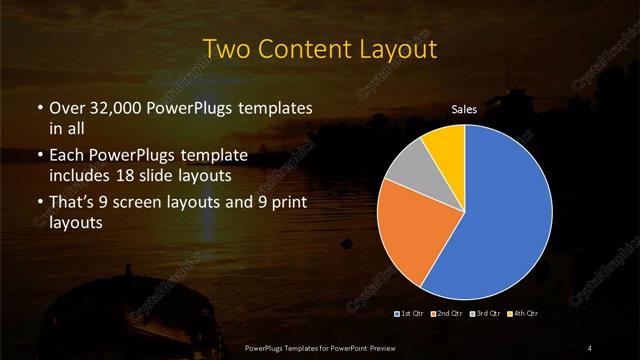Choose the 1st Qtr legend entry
(412, 314)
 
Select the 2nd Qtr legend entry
(447, 314)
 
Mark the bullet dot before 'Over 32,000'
(39, 108)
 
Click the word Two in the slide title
(227, 47)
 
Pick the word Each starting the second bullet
(68, 157)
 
